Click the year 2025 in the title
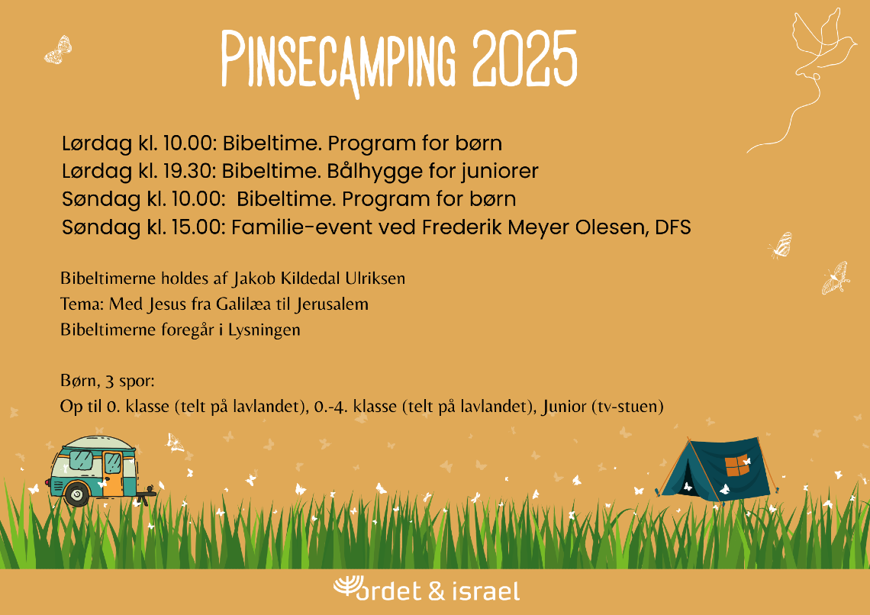(x=525, y=58)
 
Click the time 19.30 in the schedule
(x=188, y=171)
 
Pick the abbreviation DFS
(x=673, y=227)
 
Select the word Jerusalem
(x=332, y=304)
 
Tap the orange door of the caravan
(x=113, y=473)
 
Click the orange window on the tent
(x=737, y=465)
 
